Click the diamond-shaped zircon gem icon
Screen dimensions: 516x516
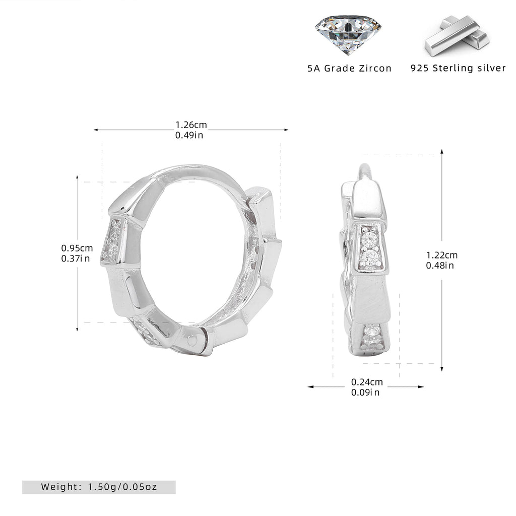point(348,35)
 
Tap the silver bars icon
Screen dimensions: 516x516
point(457,36)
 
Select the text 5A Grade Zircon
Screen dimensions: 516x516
point(350,69)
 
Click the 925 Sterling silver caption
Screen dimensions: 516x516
point(458,68)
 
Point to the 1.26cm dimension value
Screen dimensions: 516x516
point(191,125)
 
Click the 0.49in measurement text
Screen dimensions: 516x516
point(189,135)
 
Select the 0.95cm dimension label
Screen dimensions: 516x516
point(77,248)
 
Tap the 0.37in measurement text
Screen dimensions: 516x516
point(76,259)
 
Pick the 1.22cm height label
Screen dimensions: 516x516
point(442,255)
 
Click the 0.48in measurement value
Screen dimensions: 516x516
point(440,265)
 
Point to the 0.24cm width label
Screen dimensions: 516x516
point(367,382)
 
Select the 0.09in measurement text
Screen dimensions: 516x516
point(365,392)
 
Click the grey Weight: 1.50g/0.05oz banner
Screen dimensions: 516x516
point(99,487)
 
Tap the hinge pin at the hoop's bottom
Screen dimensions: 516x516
point(192,341)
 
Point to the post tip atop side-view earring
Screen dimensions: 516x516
point(363,165)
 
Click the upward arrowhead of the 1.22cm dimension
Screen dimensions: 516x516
point(441,152)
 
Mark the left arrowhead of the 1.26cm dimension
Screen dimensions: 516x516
point(96,130)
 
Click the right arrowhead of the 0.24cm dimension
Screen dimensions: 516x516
point(421,386)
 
